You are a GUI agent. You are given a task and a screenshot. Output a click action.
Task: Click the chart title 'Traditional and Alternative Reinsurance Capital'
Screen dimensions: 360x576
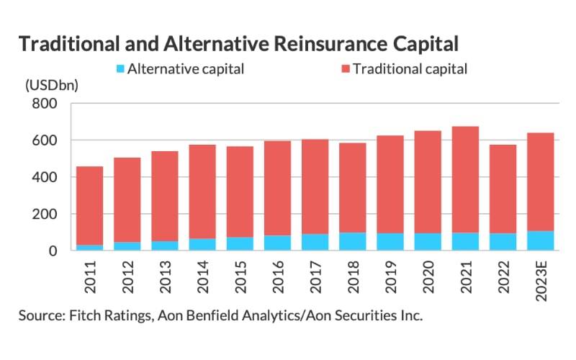[x=238, y=43]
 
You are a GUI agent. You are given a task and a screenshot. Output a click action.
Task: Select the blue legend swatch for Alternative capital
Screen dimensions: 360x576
[x=120, y=70]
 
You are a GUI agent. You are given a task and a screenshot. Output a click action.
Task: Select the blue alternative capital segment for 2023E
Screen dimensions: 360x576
[x=540, y=241]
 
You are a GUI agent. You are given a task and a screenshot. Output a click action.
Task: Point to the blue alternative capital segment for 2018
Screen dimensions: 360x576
[x=353, y=242]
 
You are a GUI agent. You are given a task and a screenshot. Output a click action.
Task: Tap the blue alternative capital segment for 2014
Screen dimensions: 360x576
[x=203, y=245]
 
